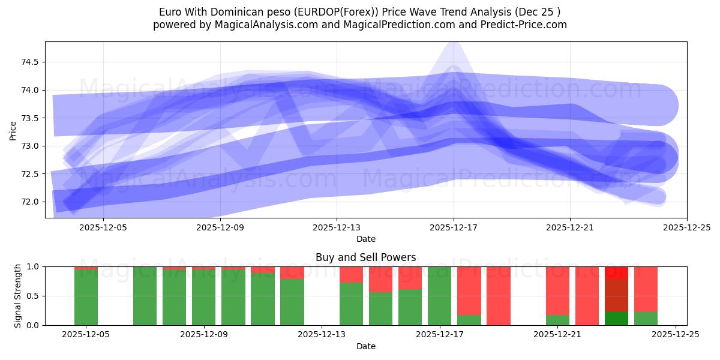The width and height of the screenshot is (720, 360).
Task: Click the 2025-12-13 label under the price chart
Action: click(337, 227)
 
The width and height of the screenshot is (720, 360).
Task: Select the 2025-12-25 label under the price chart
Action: click(686, 227)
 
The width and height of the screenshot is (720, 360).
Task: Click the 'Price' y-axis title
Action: click(13, 130)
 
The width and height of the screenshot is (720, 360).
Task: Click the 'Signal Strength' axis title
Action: click(18, 296)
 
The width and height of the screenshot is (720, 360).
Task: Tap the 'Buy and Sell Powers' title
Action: click(365, 257)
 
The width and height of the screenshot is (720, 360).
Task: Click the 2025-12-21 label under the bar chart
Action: click(558, 335)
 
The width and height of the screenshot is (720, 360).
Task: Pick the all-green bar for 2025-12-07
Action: click(145, 296)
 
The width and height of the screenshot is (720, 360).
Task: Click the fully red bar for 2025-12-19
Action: click(498, 296)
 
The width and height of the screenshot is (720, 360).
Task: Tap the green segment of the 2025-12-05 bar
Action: click(86, 298)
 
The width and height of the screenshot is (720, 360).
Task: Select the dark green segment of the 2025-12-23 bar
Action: click(616, 319)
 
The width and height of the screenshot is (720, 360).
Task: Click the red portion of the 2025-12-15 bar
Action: click(380, 279)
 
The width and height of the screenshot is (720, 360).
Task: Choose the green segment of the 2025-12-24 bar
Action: click(646, 319)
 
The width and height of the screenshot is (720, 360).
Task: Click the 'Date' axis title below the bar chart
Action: click(365, 346)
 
